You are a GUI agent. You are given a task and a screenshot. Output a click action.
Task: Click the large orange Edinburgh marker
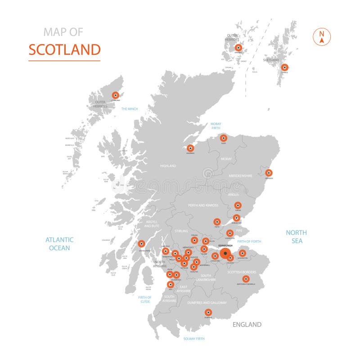225,253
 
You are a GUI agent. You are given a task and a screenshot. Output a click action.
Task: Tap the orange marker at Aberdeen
269,173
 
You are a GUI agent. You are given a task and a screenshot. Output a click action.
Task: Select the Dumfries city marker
208,312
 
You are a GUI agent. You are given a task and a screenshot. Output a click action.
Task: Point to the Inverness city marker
190,148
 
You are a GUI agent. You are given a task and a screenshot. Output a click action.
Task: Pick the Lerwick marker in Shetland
284,67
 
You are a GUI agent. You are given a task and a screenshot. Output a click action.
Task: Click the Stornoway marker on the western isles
116,95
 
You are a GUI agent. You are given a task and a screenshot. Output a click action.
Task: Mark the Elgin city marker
224,138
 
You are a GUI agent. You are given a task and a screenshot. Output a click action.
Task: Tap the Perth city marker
217,221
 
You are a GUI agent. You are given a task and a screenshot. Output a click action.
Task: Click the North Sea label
297,237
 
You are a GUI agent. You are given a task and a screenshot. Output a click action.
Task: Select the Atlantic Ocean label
59,244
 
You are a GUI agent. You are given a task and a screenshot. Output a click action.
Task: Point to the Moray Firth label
216,126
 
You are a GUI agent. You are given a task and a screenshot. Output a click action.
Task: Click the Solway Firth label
194,338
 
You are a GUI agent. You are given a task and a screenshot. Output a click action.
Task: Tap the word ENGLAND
247,324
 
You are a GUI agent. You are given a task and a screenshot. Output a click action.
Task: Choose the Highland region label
168,166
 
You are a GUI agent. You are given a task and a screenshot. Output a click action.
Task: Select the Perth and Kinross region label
203,205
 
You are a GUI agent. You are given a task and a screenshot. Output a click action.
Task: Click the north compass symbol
322,37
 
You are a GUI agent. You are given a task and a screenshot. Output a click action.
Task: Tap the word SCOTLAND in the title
64,49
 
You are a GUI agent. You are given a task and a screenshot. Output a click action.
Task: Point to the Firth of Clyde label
145,299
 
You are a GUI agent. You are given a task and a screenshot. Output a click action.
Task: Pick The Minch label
129,109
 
